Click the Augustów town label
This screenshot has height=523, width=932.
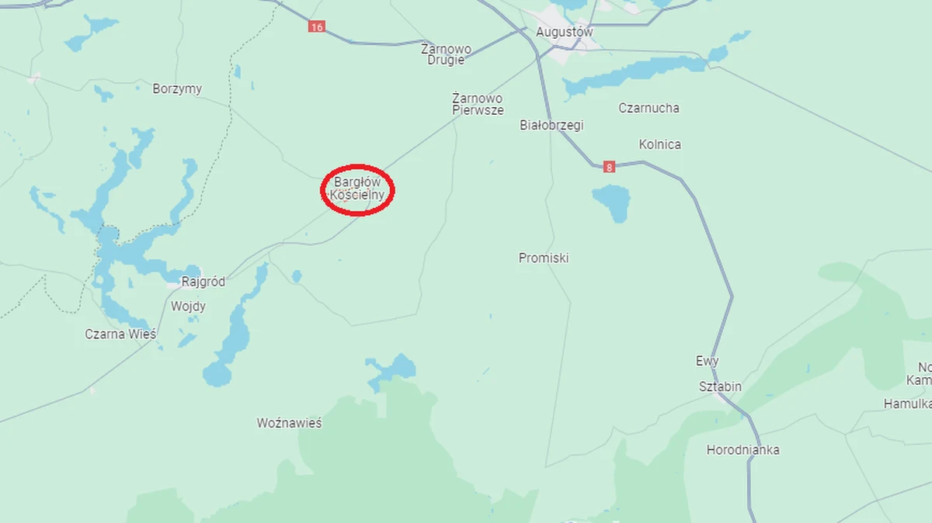click(564, 33)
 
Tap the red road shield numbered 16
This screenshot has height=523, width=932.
click(315, 26)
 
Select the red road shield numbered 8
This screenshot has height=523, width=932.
click(608, 167)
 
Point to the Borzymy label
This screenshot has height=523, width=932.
click(177, 89)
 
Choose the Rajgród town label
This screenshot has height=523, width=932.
click(203, 282)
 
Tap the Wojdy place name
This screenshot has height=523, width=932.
click(188, 307)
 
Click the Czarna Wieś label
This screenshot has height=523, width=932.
click(120, 334)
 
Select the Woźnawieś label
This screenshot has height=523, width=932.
click(289, 424)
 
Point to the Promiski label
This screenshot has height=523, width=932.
click(544, 258)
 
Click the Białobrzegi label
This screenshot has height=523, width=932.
click(551, 126)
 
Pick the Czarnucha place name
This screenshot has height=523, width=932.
click(649, 109)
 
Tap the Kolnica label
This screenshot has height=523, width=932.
click(659, 145)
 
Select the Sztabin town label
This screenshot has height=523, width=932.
click(720, 387)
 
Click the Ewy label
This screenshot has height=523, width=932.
click(707, 362)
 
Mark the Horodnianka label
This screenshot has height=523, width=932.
click(742, 450)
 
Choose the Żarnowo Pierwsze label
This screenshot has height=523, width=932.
click(478, 105)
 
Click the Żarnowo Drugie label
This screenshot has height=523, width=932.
click(446, 54)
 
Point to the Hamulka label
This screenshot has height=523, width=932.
click(907, 404)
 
